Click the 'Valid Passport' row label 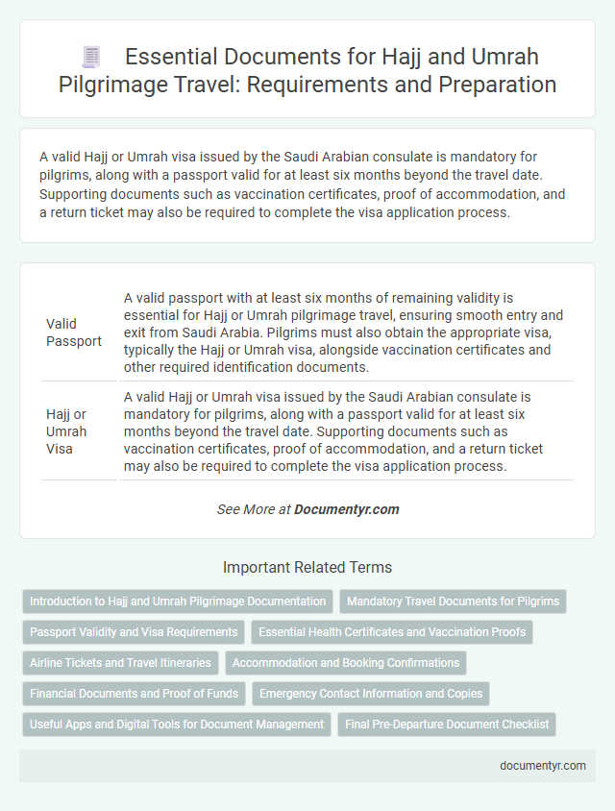pos(74,332)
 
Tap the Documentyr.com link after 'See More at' pos(347,509)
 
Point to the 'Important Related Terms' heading pos(307,567)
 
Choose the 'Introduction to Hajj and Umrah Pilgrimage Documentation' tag pos(178,602)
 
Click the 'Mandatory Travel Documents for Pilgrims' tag pos(453,602)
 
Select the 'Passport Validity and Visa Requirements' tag pos(134,632)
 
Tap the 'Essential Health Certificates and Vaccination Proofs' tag pos(392,632)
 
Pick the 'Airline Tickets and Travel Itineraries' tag pos(120,663)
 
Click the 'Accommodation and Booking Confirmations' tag pos(345,663)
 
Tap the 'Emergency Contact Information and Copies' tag pos(371,694)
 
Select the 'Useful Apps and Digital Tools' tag pos(177,725)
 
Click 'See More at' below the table pos(254,509)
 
